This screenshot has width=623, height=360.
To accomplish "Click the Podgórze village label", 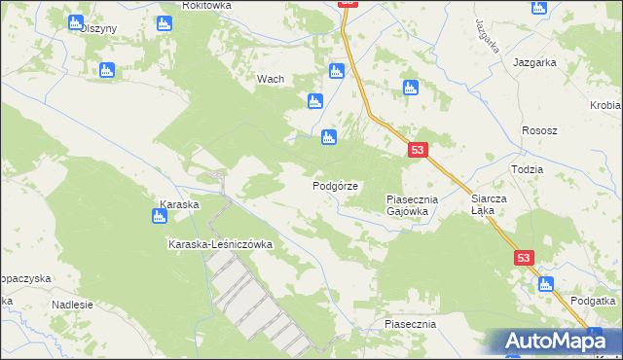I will pyautogui.click(x=336, y=185).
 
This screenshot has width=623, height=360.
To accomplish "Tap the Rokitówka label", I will pyautogui.click(x=206, y=5).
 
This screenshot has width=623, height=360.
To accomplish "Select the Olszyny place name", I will pyautogui.click(x=98, y=28).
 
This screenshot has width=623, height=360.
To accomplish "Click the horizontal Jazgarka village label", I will pyautogui.click(x=534, y=61).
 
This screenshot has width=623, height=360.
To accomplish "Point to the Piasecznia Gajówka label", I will pyautogui.click(x=413, y=204).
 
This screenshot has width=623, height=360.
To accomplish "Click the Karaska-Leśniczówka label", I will pyautogui.click(x=220, y=244).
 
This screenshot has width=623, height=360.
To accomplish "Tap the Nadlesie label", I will pyautogui.click(x=72, y=304).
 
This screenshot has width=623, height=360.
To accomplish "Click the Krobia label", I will pyautogui.click(x=605, y=105).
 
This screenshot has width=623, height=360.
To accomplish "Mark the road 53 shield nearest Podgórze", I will pyautogui.click(x=417, y=150).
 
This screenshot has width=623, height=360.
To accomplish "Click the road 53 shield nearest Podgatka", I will pyautogui.click(x=525, y=257).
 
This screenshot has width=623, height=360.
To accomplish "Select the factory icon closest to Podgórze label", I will pyautogui.click(x=329, y=137).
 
